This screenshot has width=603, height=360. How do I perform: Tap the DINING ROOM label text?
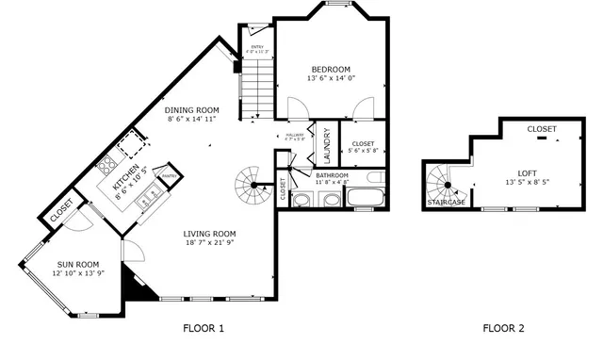coord(192,109)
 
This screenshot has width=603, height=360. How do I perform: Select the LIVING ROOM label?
coord(209,234)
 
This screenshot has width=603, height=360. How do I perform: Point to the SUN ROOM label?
coord(78,264)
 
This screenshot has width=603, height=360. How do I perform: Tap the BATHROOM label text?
coord(332,175)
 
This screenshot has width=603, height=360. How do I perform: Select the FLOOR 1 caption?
coord(203,329)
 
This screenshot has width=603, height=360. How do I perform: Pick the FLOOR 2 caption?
coord(503,329)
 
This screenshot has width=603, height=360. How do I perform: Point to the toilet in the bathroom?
coord(375,176)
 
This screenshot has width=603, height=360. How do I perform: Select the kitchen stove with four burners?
coord(106,164)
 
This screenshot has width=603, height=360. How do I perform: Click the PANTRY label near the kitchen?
coord(170,175)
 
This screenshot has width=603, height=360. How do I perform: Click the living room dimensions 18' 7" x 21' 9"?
coord(209,243)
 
